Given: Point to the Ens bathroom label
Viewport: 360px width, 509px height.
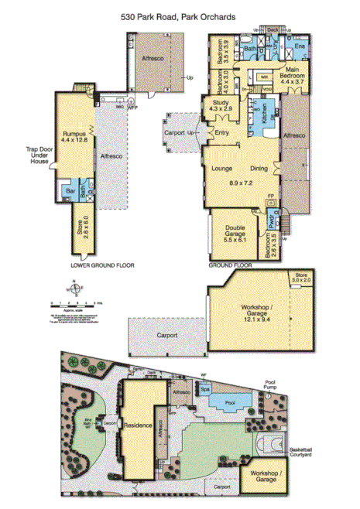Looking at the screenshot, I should tap(299, 47).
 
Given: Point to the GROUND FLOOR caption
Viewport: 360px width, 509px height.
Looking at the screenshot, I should tap(231, 265).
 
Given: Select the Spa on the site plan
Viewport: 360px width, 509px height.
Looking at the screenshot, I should tap(206, 391).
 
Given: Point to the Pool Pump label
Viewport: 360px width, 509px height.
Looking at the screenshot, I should tap(269, 384).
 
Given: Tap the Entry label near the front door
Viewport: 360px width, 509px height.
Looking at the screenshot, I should tap(223, 132).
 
